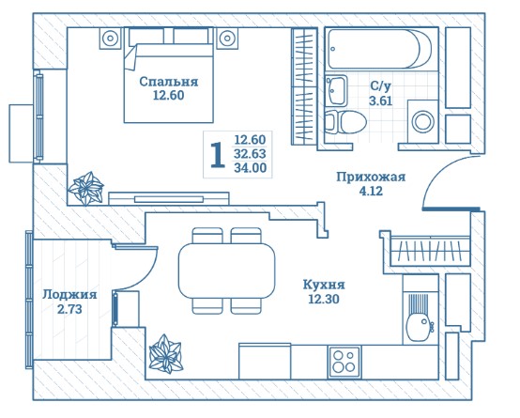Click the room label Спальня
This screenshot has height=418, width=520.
(x=168, y=82)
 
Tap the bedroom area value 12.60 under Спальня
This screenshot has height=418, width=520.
(x=168, y=96)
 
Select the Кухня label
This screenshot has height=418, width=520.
(x=324, y=285)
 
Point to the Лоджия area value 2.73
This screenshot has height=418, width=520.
(x=69, y=309)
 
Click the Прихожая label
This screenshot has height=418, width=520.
(x=371, y=177)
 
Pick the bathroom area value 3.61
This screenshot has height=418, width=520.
(x=381, y=101)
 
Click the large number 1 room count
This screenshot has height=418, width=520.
(x=218, y=154)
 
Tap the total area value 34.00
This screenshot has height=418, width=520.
(x=251, y=167)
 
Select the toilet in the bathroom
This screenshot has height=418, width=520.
(x=345, y=122)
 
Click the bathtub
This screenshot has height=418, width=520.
(x=380, y=49)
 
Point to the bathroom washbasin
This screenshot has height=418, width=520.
(x=336, y=90)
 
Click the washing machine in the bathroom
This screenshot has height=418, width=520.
(x=422, y=121)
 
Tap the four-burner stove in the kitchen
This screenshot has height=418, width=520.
(x=344, y=362)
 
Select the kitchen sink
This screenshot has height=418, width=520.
(x=419, y=317)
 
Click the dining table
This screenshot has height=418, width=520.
(x=227, y=271)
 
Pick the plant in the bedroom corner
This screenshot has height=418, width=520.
(x=86, y=188)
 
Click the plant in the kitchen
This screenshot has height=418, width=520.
(x=166, y=354)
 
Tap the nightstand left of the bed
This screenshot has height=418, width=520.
(x=111, y=39)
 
